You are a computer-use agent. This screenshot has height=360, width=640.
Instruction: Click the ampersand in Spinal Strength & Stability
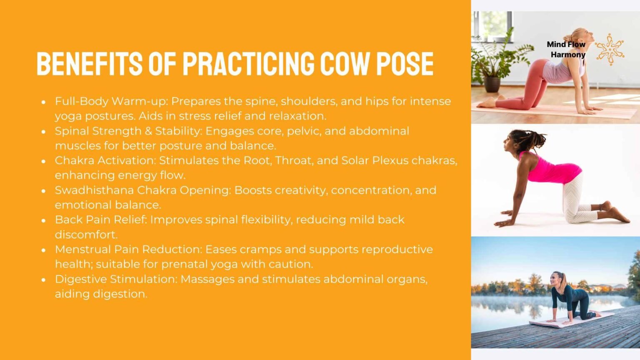pyautogui.click(x=148, y=131)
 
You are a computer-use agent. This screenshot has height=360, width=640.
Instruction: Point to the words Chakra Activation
pyautogui.click(x=105, y=160)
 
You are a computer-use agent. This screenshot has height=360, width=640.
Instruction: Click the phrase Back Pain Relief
pyautogui.click(x=100, y=220)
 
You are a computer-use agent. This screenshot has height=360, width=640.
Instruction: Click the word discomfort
pyautogui.click(x=86, y=235)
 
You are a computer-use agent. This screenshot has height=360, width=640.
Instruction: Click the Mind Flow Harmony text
pyautogui.click(x=566, y=49)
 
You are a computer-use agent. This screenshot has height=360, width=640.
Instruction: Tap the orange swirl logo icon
pyautogui.click(x=610, y=49)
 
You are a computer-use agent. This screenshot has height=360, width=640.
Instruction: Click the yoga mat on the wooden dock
pyautogui.click(x=571, y=320)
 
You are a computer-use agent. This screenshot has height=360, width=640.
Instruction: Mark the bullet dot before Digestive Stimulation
pyautogui.click(x=43, y=280)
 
